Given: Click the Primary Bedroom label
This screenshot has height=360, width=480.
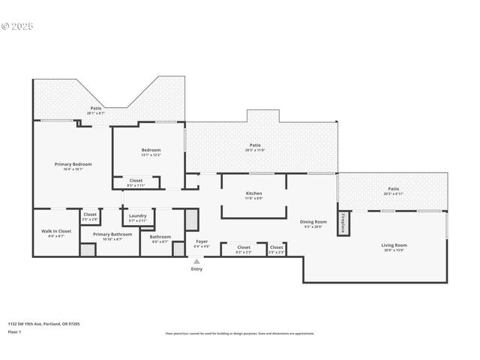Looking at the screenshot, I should pyautogui.click(x=73, y=166).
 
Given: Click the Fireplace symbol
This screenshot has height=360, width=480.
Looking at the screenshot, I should pyautogui.click(x=343, y=223).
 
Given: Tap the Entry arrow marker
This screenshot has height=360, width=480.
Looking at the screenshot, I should pyautogui.click(x=196, y=262).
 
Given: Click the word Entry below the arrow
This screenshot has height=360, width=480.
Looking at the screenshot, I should pyautogui.click(x=196, y=269).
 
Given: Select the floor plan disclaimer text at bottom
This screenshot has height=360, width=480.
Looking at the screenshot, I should pyautogui.click(x=240, y=333).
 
